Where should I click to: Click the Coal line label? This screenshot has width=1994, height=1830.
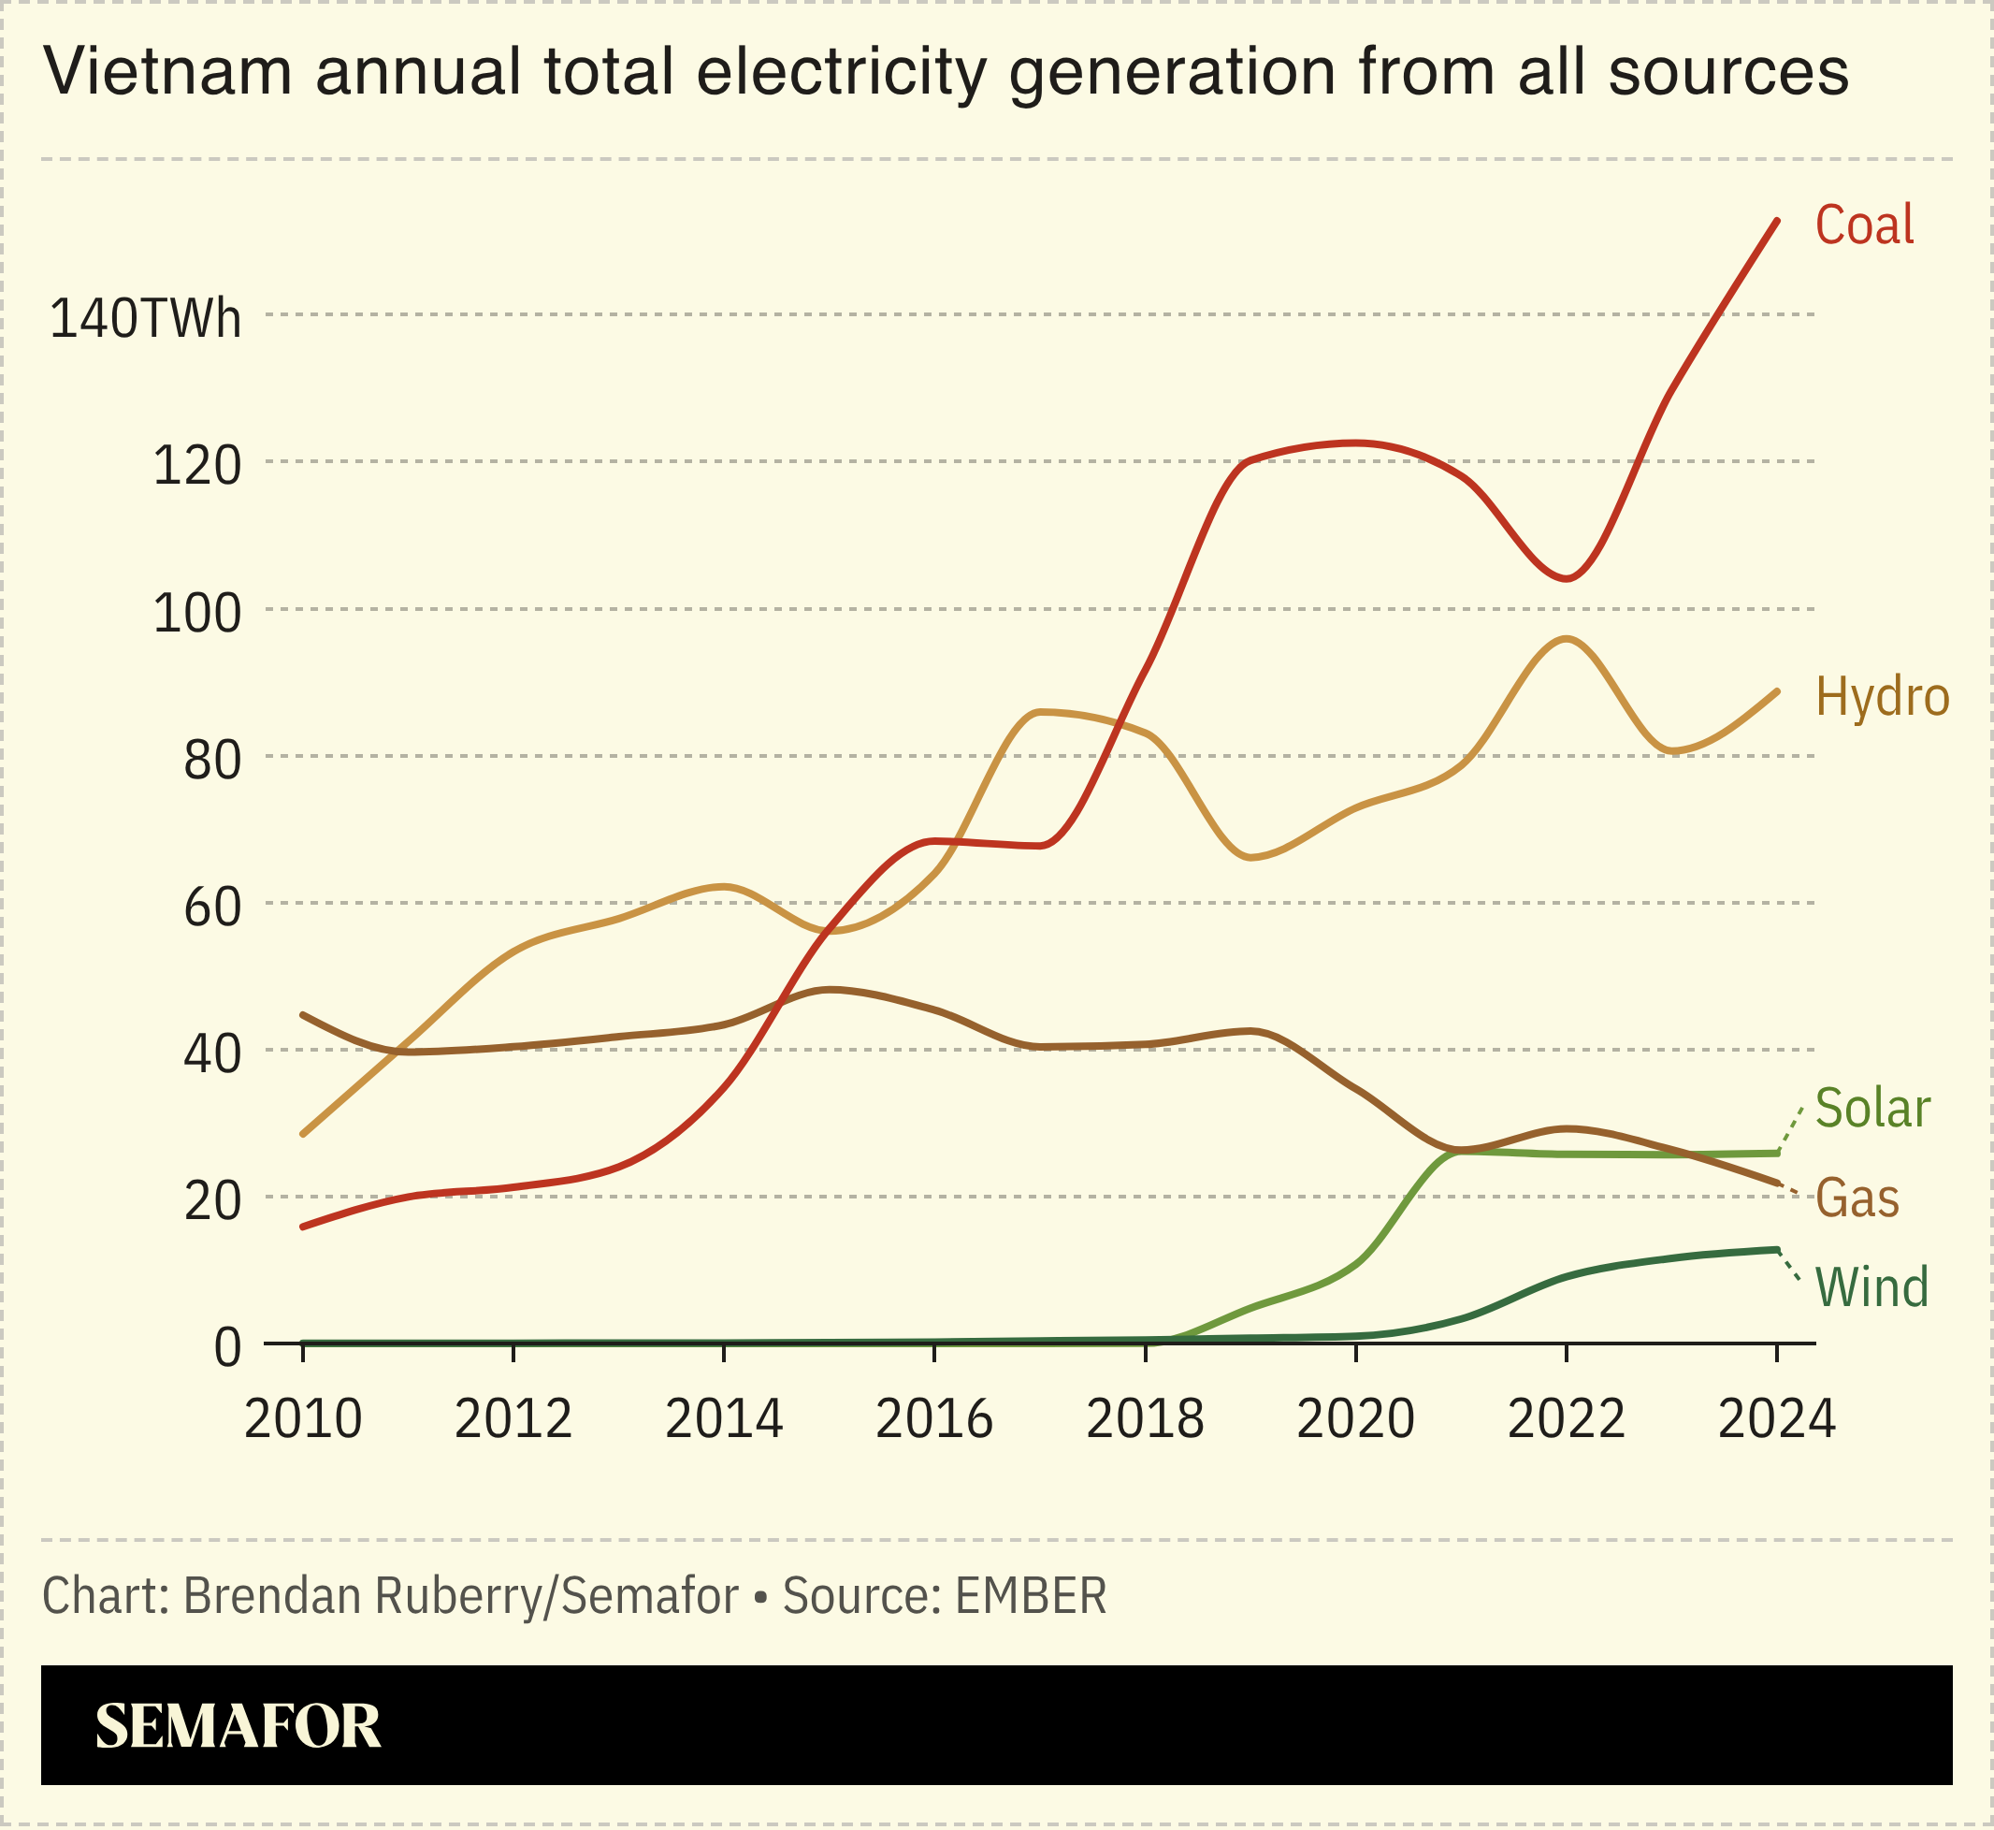[x=1863, y=225]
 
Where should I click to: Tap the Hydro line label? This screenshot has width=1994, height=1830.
[x=1881, y=697]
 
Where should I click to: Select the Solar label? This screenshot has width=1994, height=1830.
[x=1872, y=1108]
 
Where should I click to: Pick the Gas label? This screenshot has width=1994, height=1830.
[x=1857, y=1198]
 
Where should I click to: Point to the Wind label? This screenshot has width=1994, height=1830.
[x=1871, y=1287]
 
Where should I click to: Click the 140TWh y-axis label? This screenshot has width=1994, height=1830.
[x=145, y=319]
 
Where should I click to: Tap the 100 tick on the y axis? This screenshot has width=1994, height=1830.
[x=196, y=614]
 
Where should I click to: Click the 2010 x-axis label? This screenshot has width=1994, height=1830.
[x=303, y=1419]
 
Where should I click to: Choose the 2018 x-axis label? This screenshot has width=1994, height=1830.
[x=1145, y=1419]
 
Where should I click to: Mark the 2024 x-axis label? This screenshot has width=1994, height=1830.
[x=1776, y=1419]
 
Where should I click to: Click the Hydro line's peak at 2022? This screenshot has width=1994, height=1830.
[x=1566, y=639]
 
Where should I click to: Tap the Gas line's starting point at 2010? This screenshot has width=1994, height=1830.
[x=303, y=1015]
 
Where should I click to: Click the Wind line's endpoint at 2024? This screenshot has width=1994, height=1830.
[x=1777, y=1250]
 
